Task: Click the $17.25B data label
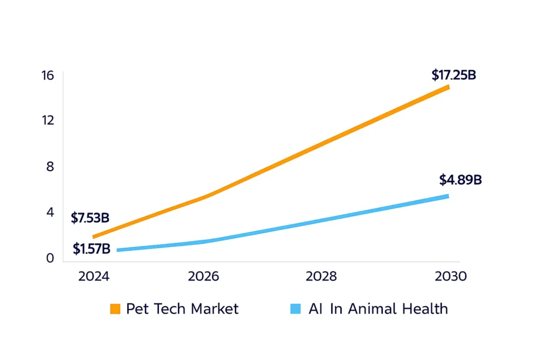tap(454, 75)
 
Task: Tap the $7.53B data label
tap(90, 217)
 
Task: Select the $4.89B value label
tap(460, 180)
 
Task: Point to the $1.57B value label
tap(91, 249)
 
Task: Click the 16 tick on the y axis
tap(47, 75)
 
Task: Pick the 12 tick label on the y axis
tap(48, 120)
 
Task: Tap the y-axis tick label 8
tap(50, 167)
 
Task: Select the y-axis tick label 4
tap(50, 212)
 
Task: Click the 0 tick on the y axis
tap(50, 258)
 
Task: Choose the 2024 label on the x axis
tap(93, 277)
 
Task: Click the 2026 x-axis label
tap(204, 277)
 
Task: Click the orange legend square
tap(115, 309)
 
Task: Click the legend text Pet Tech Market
tap(182, 309)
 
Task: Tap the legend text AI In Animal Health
tap(378, 309)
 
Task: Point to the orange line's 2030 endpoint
tap(448, 87)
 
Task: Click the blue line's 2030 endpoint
tap(448, 196)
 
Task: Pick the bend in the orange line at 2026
tap(205, 197)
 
